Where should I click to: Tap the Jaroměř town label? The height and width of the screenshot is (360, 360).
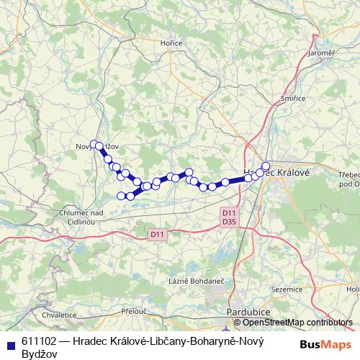(x=320, y=53)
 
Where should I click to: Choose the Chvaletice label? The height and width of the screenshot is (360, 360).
(x=59, y=315)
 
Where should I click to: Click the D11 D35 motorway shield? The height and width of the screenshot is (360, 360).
(x=229, y=217)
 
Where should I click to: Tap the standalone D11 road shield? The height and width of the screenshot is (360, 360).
(x=158, y=234)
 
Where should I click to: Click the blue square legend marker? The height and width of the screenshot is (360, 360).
(x=9, y=342)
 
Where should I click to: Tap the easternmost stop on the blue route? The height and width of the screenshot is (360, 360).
(x=266, y=166)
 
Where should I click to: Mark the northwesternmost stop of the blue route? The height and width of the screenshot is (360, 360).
(x=94, y=144)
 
